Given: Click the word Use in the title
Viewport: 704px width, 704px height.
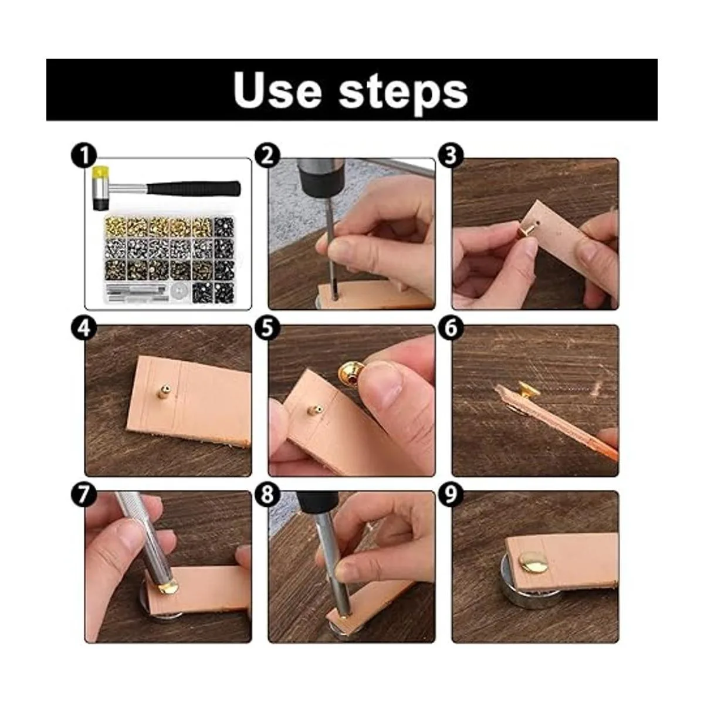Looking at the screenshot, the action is [277, 89].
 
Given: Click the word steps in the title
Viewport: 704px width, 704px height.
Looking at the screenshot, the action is [403, 93].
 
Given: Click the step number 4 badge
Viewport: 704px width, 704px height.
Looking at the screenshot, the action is [84, 328].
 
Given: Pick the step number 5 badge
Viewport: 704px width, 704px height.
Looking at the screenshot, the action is [268, 328].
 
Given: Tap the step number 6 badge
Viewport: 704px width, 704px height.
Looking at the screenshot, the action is [451, 328].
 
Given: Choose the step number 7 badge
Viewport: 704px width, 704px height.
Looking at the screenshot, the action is [84, 495].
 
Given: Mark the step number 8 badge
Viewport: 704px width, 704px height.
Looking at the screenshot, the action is [268, 495].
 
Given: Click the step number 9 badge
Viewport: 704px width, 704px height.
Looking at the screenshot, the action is [451, 495].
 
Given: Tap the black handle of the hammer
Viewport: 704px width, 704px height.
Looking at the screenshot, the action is [193, 188].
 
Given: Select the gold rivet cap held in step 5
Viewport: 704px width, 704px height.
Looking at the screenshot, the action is [350, 375].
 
